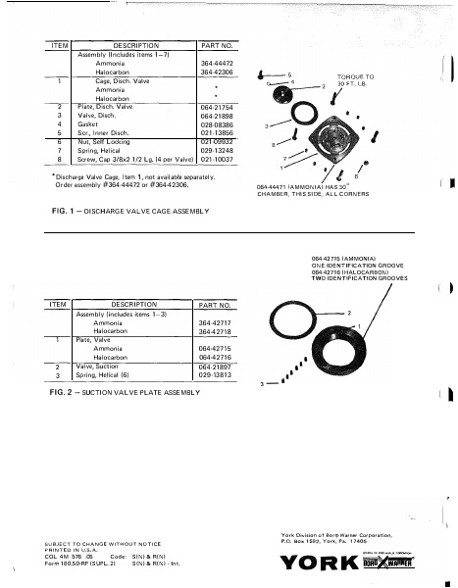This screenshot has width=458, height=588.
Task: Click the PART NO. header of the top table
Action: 216,45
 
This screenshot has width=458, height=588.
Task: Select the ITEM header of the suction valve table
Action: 58,305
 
